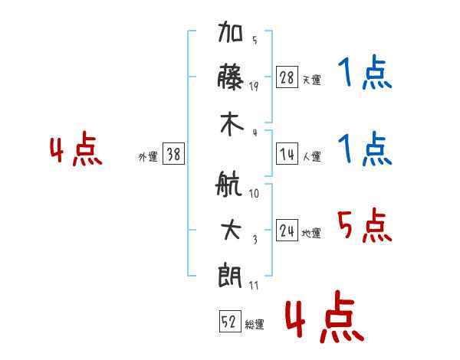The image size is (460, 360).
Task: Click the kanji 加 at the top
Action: (x=230, y=31)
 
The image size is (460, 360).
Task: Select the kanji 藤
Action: (x=230, y=77)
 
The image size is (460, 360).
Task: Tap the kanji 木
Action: (x=232, y=124)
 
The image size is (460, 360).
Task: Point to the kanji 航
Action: (x=228, y=184)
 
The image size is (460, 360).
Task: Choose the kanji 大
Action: (x=232, y=230)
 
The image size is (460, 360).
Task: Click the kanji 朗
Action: (x=230, y=276)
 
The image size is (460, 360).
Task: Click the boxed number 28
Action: (x=287, y=77)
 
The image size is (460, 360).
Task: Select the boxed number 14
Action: (x=287, y=154)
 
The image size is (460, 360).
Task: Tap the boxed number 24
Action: (x=287, y=230)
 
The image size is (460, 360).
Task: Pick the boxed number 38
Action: (x=173, y=154)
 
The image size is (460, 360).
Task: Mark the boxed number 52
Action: (x=230, y=321)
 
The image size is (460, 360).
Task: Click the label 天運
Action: (x=311, y=80)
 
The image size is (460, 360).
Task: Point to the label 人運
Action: (x=312, y=156)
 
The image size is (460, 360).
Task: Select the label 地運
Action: (x=311, y=233)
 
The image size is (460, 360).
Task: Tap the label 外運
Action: (x=148, y=156)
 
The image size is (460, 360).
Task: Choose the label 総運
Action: (x=255, y=324)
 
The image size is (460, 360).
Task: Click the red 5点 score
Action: (x=365, y=225)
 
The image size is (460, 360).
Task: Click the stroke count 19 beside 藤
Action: (x=254, y=86)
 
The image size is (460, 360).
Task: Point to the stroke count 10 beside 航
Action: (x=254, y=193)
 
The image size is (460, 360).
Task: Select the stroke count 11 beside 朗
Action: (x=254, y=285)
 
